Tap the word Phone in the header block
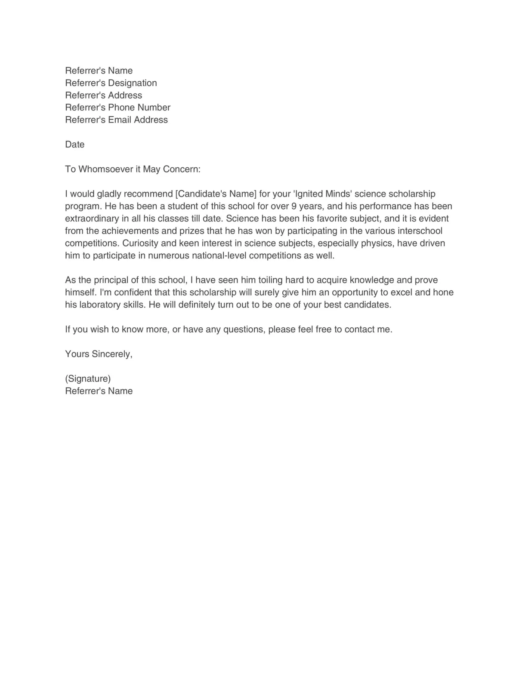[x=121, y=108]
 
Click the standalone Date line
[x=74, y=144]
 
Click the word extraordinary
[x=91, y=218]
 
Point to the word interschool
[x=419, y=231]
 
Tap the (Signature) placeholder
[x=88, y=379]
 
